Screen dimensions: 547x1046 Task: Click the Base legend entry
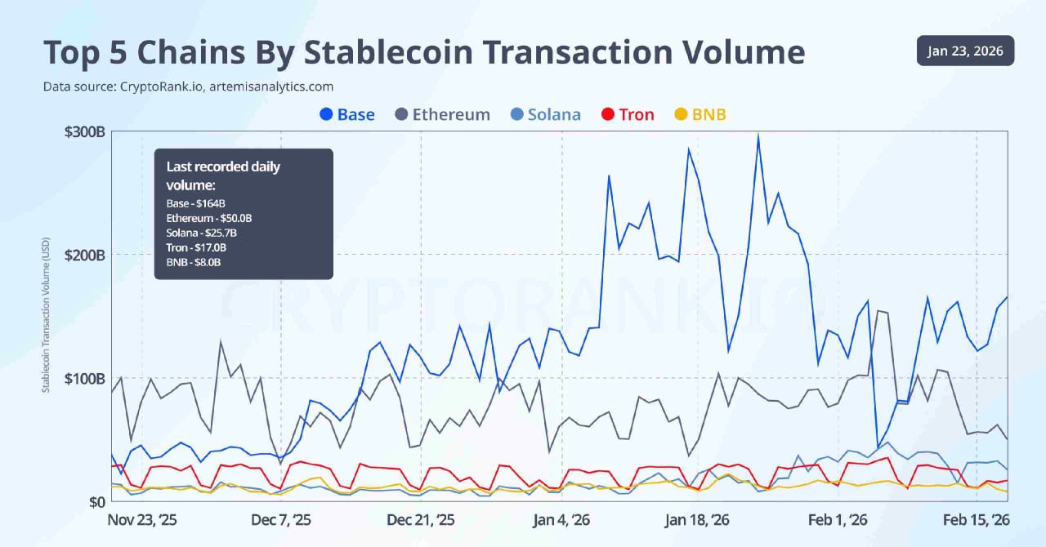coord(347,114)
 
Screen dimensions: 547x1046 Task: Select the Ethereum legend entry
coord(442,114)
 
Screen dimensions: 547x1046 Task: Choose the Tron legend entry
coord(628,114)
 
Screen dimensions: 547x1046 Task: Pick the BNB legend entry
coord(699,114)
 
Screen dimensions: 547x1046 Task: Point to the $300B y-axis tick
coord(84,131)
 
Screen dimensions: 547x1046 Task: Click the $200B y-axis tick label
coord(84,255)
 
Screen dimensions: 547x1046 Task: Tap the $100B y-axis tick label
coord(84,379)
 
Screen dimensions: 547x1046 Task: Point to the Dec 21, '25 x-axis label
coord(421,520)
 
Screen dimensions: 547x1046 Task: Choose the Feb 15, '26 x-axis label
coord(976,520)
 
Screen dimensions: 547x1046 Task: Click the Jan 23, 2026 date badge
coord(965,51)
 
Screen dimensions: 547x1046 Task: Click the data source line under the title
coord(188,86)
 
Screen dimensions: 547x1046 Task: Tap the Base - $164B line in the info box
coord(195,202)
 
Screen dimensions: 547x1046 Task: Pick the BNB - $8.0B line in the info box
coord(194,262)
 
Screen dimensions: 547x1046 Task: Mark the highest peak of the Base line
coord(758,136)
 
